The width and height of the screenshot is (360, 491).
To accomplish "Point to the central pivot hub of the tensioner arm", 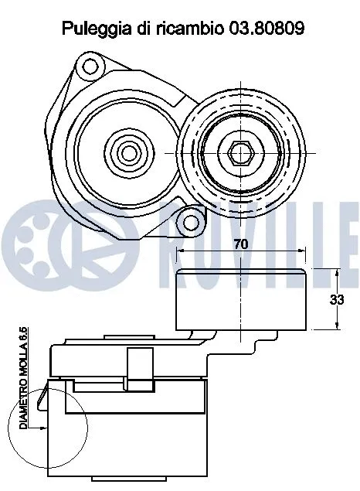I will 125,150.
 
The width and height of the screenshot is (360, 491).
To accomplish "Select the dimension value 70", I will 241,244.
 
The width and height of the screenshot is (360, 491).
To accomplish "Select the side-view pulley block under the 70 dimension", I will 241,300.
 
